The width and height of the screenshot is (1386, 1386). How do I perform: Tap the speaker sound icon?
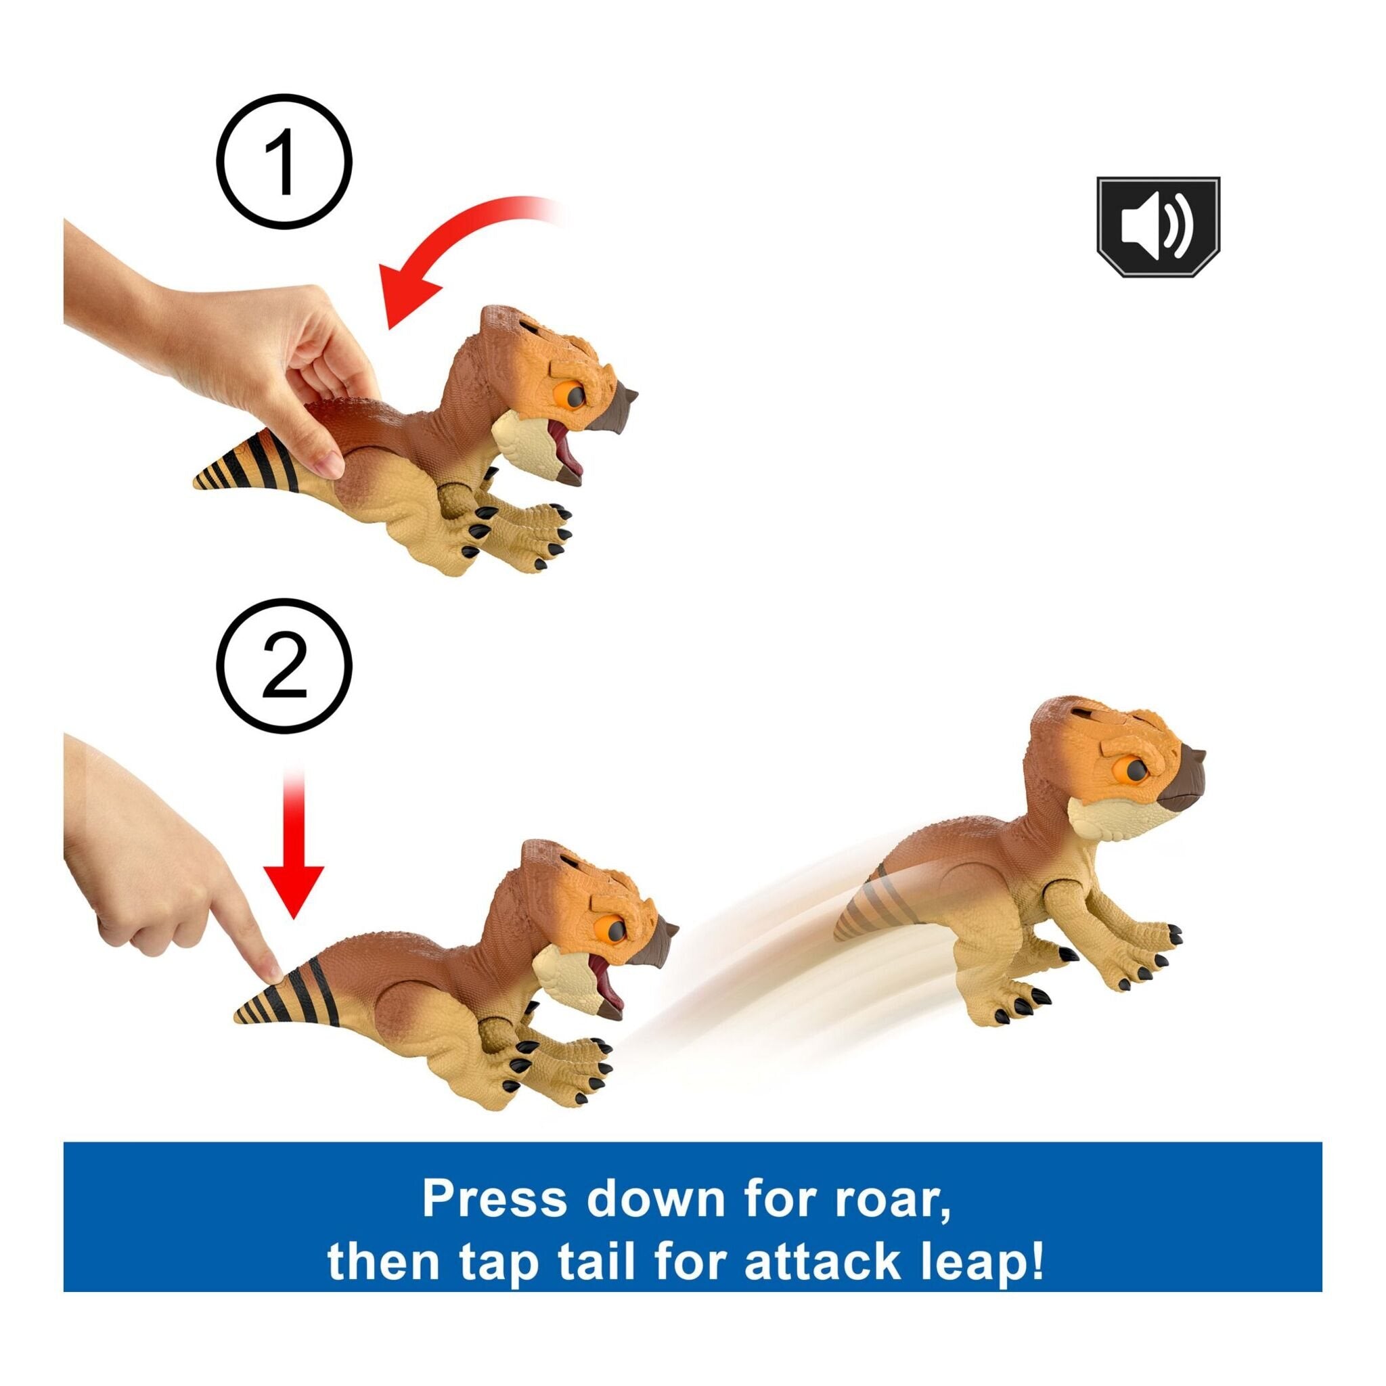[x=1157, y=227]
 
